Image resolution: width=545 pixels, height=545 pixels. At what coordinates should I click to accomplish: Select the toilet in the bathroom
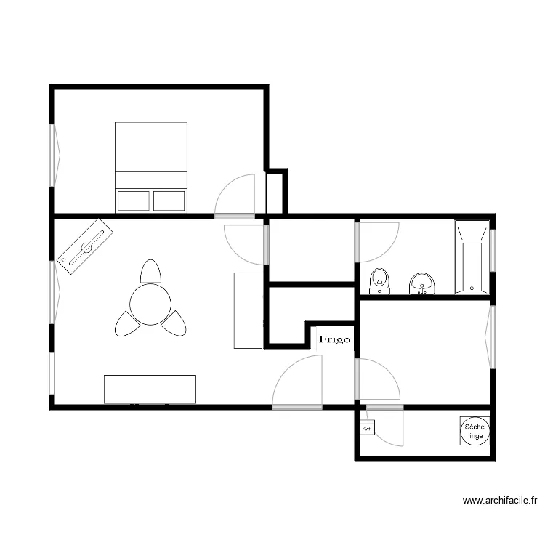click(x=379, y=280)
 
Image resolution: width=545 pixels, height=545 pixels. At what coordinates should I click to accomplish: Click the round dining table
click(x=150, y=304)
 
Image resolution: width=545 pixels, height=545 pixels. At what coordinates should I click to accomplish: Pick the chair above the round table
click(x=150, y=272)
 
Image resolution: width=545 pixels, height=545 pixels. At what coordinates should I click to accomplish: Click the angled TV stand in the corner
click(x=86, y=246)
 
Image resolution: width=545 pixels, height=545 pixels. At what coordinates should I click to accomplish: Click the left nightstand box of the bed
click(x=133, y=201)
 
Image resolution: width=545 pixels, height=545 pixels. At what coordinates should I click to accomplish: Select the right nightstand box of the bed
click(x=169, y=201)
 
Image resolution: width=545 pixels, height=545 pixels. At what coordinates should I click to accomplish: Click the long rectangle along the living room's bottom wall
click(x=150, y=389)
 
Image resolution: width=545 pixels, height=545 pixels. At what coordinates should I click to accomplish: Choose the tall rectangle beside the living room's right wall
click(x=248, y=310)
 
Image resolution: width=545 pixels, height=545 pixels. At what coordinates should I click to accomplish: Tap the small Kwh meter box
click(x=367, y=429)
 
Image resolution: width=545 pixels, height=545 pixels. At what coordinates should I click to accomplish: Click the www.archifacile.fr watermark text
click(x=502, y=501)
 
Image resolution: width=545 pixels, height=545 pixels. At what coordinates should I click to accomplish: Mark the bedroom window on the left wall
click(x=52, y=156)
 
